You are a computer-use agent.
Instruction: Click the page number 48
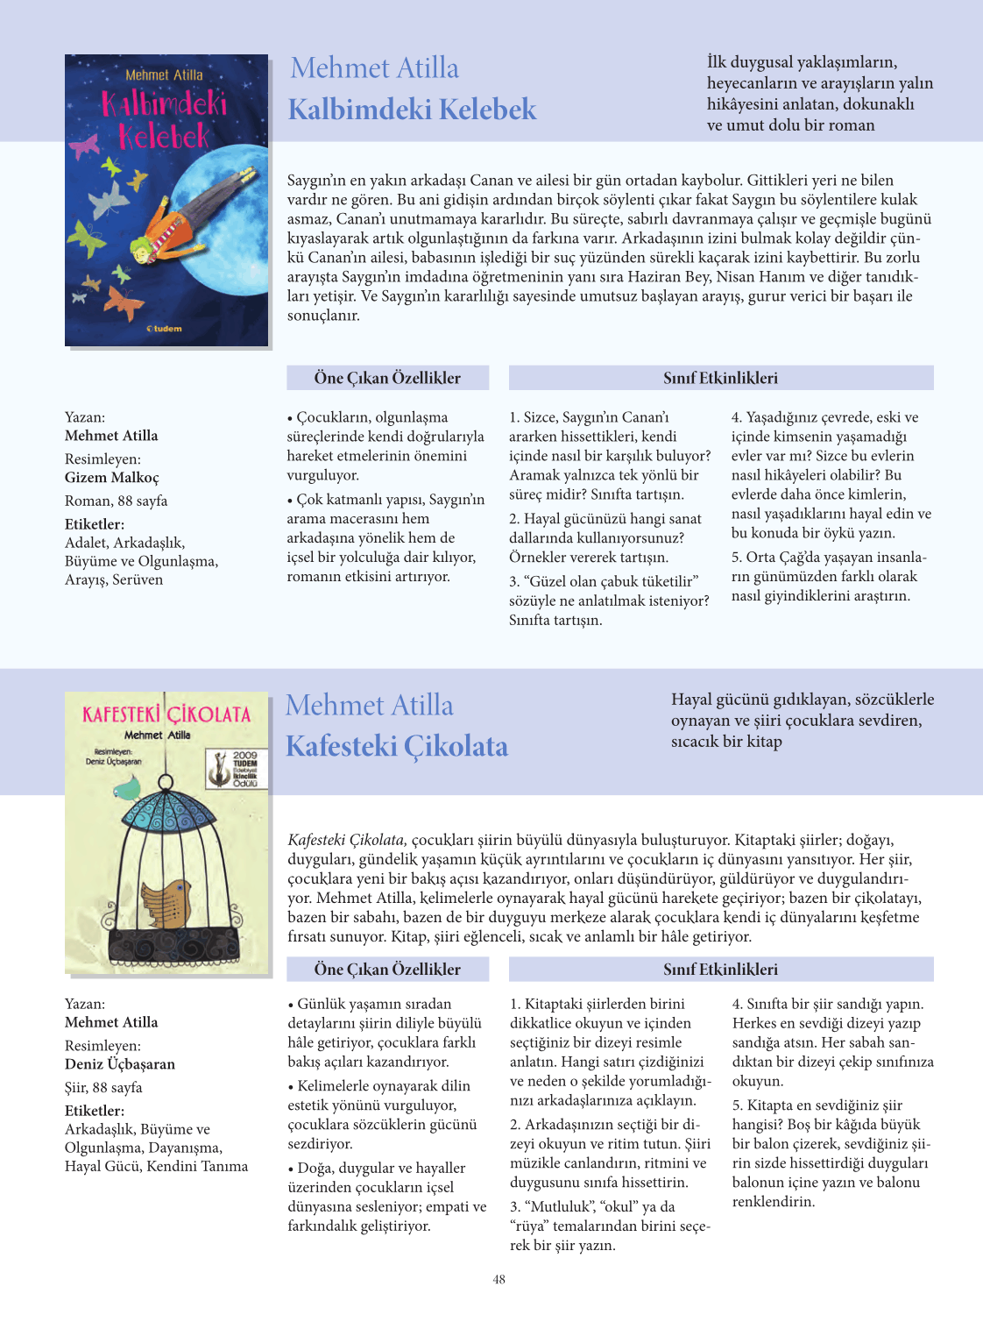pos(499,1279)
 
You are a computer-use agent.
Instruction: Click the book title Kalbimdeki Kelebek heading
pos(412,110)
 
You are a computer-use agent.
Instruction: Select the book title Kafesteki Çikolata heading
pos(396,746)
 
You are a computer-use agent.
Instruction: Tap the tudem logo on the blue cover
pos(164,329)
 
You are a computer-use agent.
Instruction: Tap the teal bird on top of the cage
pos(129,790)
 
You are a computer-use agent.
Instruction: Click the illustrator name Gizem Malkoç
pos(112,478)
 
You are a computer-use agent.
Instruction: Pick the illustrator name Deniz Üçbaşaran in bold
pos(120,1064)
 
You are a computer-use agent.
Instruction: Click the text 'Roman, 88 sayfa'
pos(116,501)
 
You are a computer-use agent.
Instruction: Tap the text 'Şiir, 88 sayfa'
pos(103,1088)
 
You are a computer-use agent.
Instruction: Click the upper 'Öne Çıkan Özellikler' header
pos(387,378)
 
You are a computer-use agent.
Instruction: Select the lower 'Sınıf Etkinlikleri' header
pos(720,970)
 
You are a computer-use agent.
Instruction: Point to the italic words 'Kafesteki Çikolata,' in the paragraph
pos(347,840)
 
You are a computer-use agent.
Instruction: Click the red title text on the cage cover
pos(166,714)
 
